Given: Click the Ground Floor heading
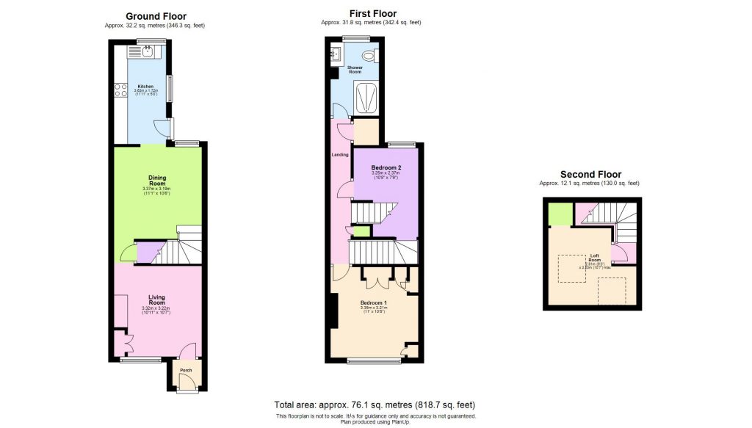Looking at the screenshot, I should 156,16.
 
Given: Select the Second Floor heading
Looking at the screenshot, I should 590,174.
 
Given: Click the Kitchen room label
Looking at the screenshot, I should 145,86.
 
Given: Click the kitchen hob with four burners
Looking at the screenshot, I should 120,91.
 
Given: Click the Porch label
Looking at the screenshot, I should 186,370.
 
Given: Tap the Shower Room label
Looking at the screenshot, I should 355,70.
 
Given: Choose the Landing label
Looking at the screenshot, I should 341,154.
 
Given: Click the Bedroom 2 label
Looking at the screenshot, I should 385,167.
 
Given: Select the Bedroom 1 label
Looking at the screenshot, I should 374,302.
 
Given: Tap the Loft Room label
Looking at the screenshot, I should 595,258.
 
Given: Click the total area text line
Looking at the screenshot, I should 375,405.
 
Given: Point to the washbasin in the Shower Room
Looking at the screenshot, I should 336,53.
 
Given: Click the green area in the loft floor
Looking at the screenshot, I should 561,214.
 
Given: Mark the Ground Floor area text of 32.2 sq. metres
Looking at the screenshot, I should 156,26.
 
